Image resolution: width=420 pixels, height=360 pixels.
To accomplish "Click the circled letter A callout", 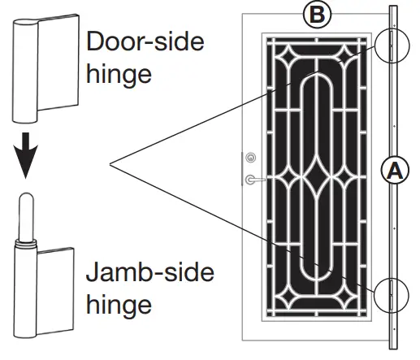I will (x=392, y=171).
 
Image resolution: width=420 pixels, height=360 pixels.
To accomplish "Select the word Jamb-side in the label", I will (x=150, y=272).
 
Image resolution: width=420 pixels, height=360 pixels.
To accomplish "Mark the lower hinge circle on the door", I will (x=392, y=293).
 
